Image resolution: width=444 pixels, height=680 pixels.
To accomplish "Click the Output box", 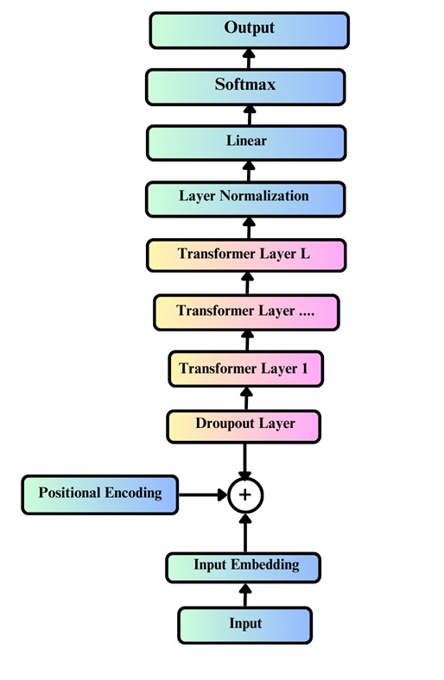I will pyautogui.click(x=249, y=29).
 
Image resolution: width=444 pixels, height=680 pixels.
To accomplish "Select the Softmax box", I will pyautogui.click(x=246, y=85).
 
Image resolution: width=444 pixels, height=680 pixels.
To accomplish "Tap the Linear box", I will pyautogui.click(x=246, y=142).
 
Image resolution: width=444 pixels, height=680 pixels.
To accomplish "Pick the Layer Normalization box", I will pyautogui.click(x=245, y=198).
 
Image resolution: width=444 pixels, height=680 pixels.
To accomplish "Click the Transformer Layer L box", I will pyautogui.click(x=246, y=255).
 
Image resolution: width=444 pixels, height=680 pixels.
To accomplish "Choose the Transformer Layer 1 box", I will pyautogui.click(x=244, y=368).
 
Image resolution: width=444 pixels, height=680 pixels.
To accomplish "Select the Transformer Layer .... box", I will pyautogui.click(x=246, y=312).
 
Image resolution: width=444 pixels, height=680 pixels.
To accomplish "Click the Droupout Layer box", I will pyautogui.click(x=244, y=425).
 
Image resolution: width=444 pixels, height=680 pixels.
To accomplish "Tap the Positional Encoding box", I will pyautogui.click(x=99, y=494).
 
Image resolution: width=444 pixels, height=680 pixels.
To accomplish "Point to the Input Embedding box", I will pyautogui.click(x=244, y=566).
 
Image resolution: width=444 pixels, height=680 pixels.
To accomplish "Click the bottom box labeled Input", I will pyautogui.click(x=244, y=624).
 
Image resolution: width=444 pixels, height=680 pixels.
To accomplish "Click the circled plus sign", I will pyautogui.click(x=245, y=494).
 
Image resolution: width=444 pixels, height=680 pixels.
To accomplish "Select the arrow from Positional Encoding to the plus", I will pyautogui.click(x=203, y=494).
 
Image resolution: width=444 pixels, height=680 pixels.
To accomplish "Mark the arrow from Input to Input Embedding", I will pyautogui.click(x=244, y=595).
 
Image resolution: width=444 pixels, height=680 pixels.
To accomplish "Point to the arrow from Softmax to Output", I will pyautogui.click(x=248, y=58).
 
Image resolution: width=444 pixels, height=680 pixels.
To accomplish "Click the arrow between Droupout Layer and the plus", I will pyautogui.click(x=245, y=460).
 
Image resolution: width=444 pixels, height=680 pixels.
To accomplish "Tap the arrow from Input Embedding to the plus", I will pyautogui.click(x=245, y=532).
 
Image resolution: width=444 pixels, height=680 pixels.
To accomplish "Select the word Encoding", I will pyautogui.click(x=133, y=493).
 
